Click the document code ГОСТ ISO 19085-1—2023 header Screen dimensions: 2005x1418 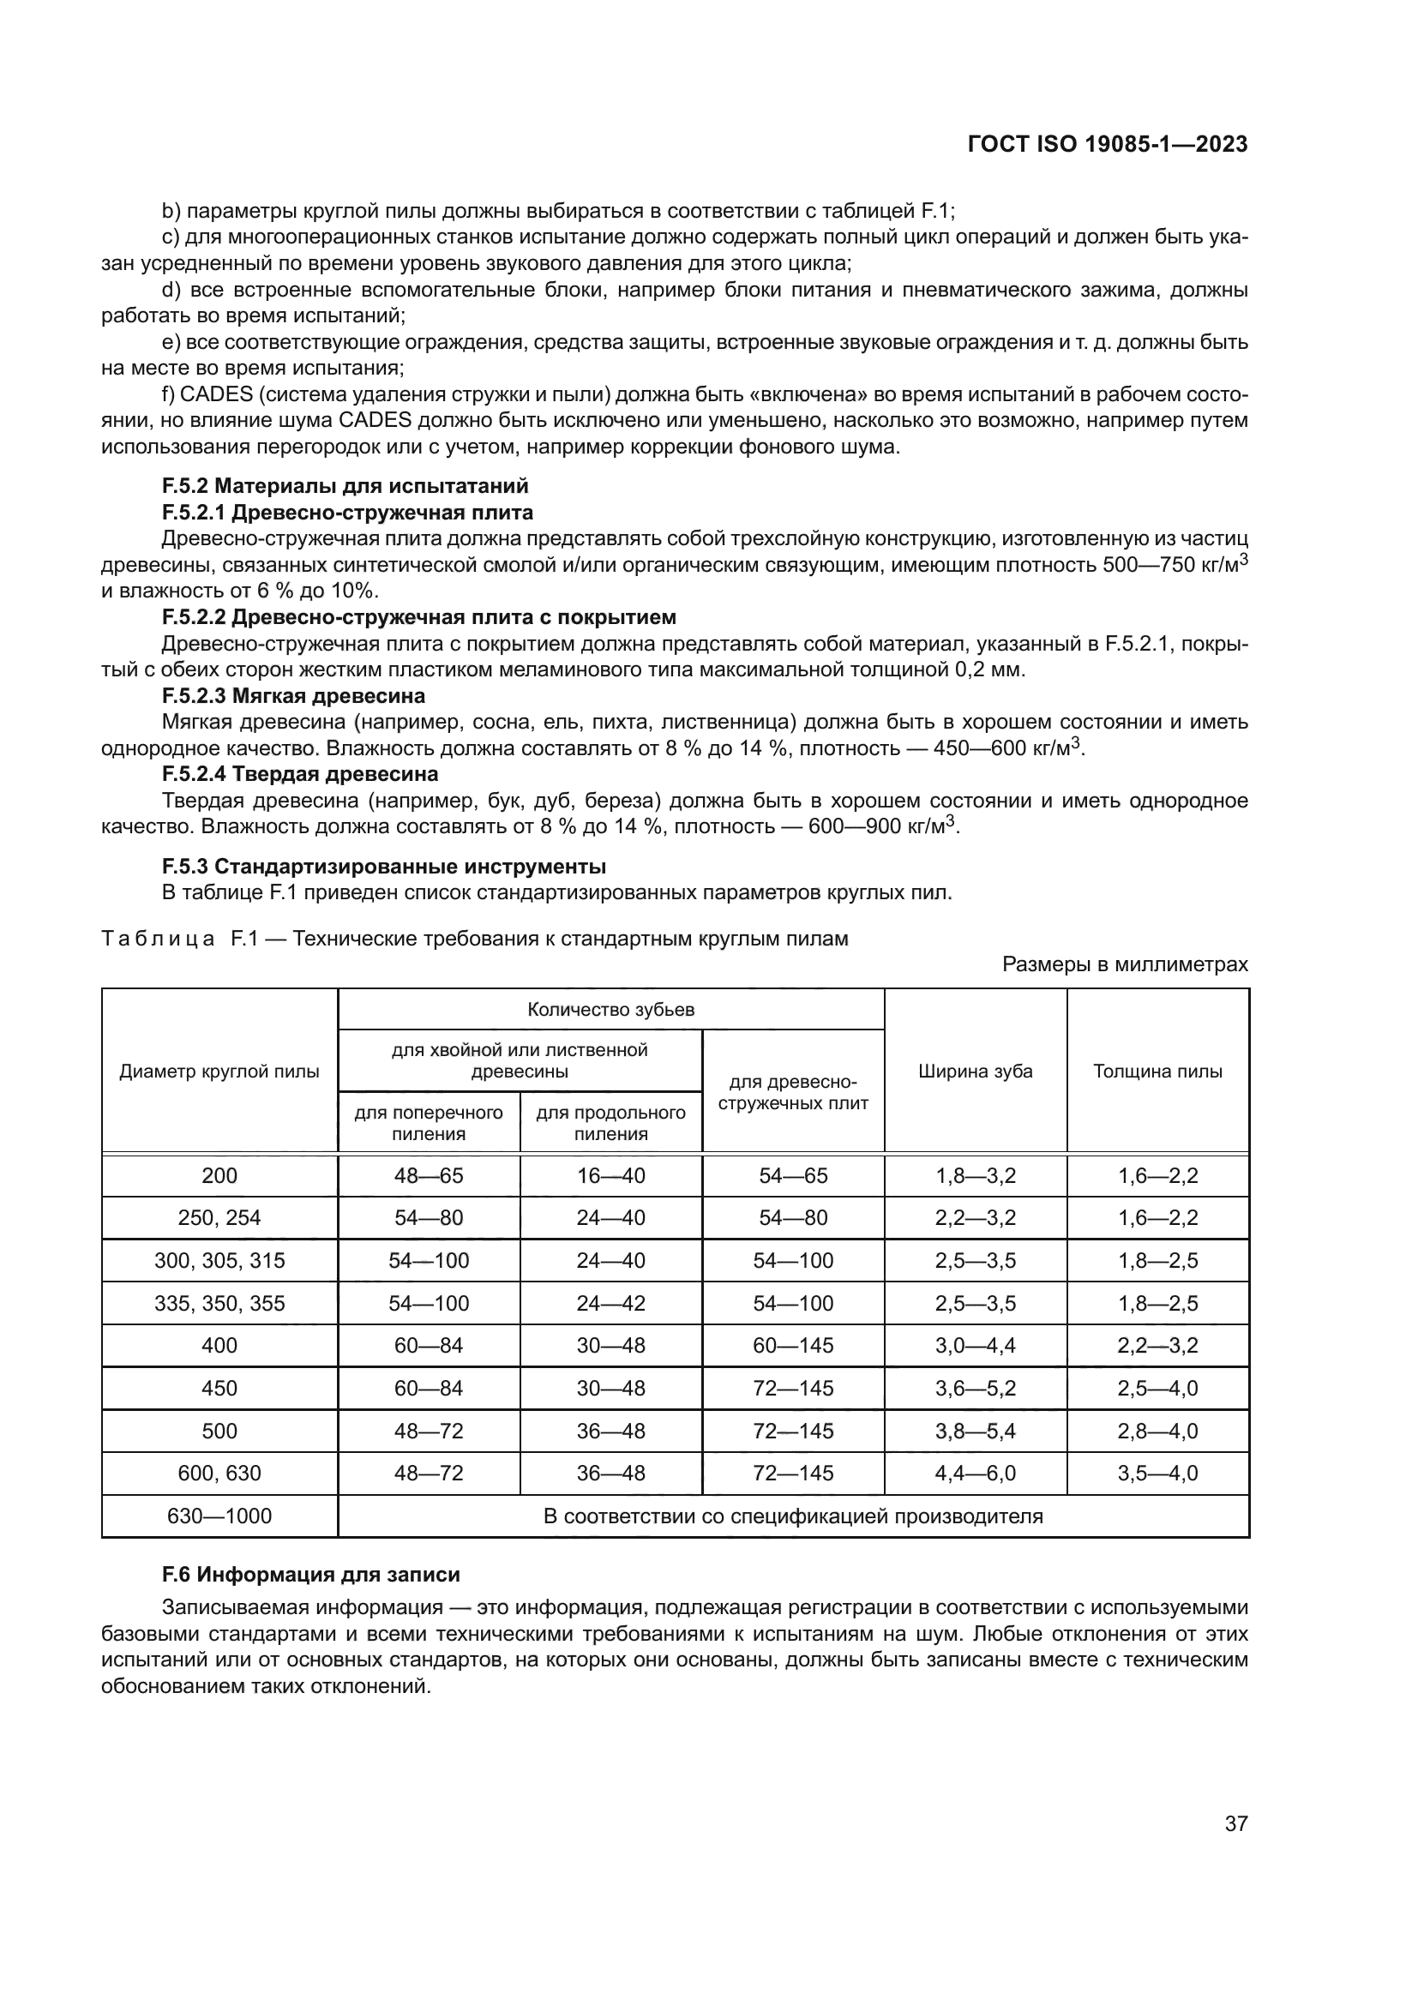pyautogui.click(x=1107, y=144)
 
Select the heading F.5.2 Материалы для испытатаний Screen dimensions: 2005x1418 pyautogui.click(x=345, y=485)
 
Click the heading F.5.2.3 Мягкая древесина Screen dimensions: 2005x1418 pyautogui.click(x=293, y=696)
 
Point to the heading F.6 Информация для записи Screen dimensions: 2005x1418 pyautogui.click(x=311, y=1575)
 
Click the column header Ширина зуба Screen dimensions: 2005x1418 pyautogui.click(x=975, y=1072)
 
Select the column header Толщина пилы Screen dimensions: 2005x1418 pyautogui.click(x=1157, y=1072)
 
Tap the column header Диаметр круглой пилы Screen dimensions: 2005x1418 pyautogui.click(x=219, y=1072)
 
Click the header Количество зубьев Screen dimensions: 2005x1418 pyautogui.click(x=610, y=1011)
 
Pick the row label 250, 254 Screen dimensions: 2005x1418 pyautogui.click(x=219, y=1218)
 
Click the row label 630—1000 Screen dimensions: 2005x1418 pyautogui.click(x=219, y=1516)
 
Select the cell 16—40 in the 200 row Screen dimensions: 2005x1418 pyautogui.click(x=610, y=1175)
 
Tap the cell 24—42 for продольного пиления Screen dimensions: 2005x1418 pyautogui.click(x=610, y=1303)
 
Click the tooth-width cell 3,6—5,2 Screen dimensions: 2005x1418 pyautogui.click(x=975, y=1389)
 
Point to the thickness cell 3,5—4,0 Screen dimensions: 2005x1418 pyautogui.click(x=1157, y=1474)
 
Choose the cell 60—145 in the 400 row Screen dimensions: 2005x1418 pyautogui.click(x=793, y=1346)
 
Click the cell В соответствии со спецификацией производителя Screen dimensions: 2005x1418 pyautogui.click(x=793, y=1516)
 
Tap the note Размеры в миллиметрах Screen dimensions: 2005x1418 pyautogui.click(x=1125, y=964)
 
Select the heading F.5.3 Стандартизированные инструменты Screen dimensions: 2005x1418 pyautogui.click(x=383, y=867)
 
